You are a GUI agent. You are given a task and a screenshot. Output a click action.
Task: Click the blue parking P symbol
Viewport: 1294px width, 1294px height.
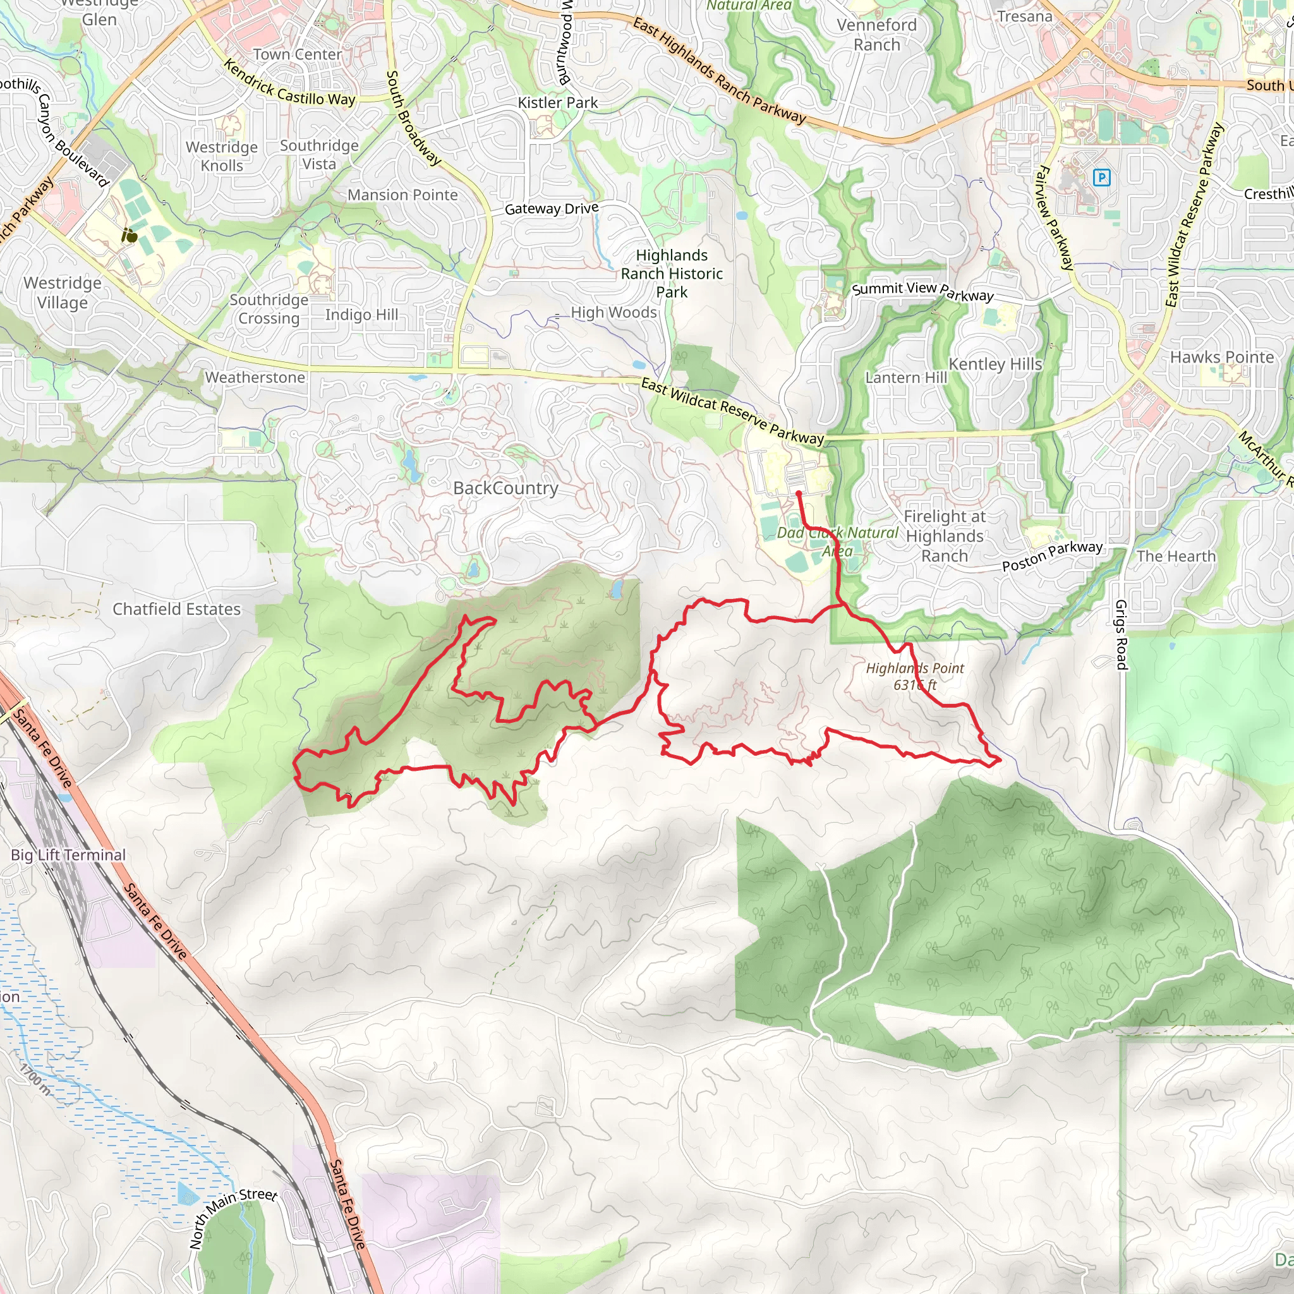(x=1101, y=178)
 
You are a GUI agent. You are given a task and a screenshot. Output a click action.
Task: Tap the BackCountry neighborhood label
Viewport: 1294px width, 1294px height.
(x=505, y=488)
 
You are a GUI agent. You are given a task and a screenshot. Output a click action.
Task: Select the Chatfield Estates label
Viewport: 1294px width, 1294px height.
(x=176, y=609)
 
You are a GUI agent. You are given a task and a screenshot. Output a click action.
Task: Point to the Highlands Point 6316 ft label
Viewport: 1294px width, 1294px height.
(x=915, y=676)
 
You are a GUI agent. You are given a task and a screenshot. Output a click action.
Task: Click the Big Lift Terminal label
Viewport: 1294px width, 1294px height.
(x=68, y=856)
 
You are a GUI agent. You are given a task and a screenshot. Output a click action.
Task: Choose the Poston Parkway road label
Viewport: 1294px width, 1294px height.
(x=1052, y=555)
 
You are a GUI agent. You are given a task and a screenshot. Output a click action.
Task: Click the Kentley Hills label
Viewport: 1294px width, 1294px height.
(x=995, y=365)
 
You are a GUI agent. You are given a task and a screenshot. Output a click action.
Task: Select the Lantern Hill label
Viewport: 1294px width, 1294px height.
(x=906, y=378)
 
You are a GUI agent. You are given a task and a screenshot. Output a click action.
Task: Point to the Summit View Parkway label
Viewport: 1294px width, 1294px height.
(x=923, y=291)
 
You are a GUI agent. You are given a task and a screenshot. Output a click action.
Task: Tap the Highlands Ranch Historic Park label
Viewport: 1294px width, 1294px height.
(x=672, y=273)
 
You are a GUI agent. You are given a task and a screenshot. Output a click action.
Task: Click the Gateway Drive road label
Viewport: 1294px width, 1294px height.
(x=552, y=209)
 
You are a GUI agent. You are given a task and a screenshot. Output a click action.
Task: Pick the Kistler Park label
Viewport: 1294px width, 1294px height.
(x=558, y=103)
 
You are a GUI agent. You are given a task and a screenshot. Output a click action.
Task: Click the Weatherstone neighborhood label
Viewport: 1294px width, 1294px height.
(x=255, y=378)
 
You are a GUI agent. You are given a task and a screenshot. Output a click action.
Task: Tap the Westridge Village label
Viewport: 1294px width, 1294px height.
(x=63, y=293)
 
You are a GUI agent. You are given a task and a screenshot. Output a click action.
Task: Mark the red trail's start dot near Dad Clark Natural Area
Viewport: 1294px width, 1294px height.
(x=799, y=493)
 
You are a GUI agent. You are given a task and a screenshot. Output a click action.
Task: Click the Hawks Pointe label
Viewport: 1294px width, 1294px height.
(x=1222, y=358)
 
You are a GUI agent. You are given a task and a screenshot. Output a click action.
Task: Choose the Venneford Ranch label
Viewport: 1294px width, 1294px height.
(x=877, y=35)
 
